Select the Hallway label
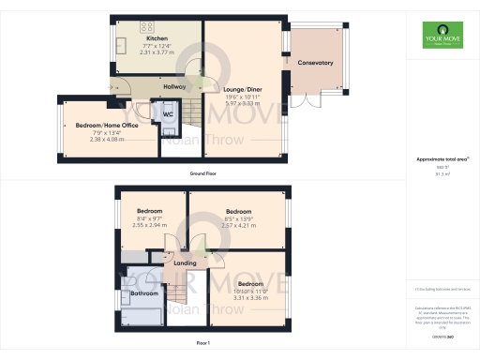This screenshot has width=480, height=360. (174, 86)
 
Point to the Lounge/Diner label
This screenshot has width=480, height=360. (237, 91)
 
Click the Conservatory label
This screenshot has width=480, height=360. (315, 63)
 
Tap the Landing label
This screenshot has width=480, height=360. (185, 263)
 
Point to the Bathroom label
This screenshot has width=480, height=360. (144, 293)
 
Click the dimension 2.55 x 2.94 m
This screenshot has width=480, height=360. (150, 226)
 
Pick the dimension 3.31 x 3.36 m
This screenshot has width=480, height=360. (250, 296)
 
